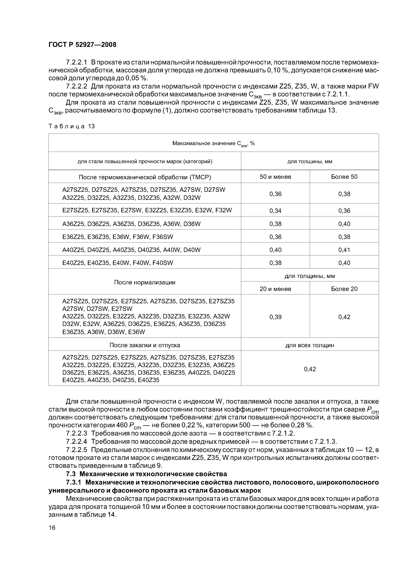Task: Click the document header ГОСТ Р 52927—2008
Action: (x=82, y=45)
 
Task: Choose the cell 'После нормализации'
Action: (x=145, y=282)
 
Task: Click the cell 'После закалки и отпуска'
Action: (x=145, y=345)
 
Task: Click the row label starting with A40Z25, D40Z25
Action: (x=131, y=250)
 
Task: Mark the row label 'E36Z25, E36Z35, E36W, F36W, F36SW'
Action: (x=118, y=237)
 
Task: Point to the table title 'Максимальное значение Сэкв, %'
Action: (x=213, y=143)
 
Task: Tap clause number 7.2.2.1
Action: (x=76, y=62)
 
